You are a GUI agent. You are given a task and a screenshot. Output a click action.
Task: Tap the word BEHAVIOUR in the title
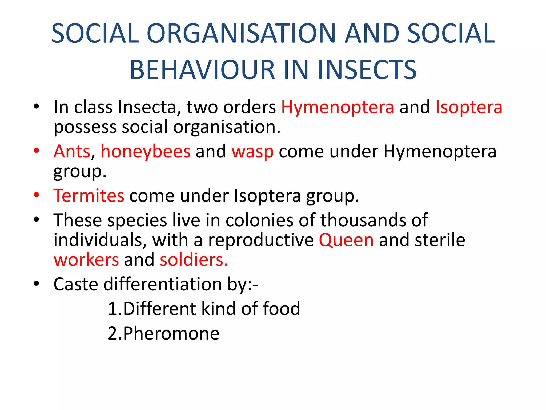202,70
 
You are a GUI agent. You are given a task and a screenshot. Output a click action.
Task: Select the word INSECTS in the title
367,70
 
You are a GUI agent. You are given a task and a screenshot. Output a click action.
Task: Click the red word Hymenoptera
338,107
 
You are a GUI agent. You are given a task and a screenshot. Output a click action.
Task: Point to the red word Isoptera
469,107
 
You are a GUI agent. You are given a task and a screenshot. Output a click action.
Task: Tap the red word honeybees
146,151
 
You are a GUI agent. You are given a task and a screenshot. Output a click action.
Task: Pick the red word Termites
89,196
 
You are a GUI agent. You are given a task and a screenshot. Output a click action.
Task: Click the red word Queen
346,240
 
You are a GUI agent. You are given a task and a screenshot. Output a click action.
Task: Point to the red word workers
86,260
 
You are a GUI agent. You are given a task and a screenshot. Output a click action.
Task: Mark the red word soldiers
194,260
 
